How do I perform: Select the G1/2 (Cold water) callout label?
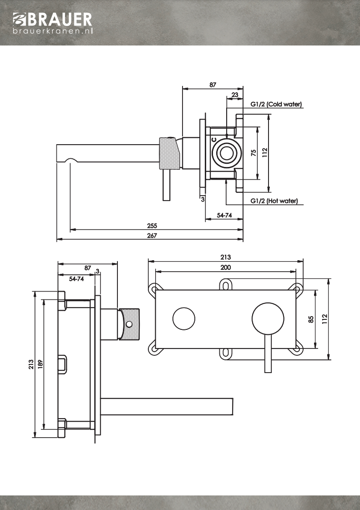pos(276,104)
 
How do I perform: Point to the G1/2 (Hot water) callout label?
pos(274,201)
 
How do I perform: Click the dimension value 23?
pos(235,95)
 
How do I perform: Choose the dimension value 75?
pos(254,152)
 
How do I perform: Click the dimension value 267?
pos(152,235)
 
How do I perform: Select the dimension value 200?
pos(226,267)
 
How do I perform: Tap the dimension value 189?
pos(40,364)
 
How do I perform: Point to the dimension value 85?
pos(311,319)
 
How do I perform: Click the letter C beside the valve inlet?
pos(214,140)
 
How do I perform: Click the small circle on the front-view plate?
pos(184,318)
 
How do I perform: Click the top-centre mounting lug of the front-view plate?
pos(226,284)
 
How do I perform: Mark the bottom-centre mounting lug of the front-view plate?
pos(226,353)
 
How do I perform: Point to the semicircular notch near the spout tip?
pos(71,161)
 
